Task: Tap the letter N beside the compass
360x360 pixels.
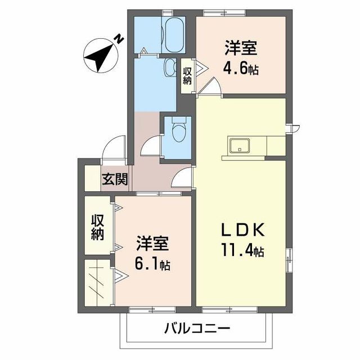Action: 119,38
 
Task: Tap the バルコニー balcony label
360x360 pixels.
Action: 198,328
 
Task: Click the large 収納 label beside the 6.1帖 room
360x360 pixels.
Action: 98,226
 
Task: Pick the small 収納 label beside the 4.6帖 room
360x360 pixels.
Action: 187,75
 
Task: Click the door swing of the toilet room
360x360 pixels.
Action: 151,148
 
